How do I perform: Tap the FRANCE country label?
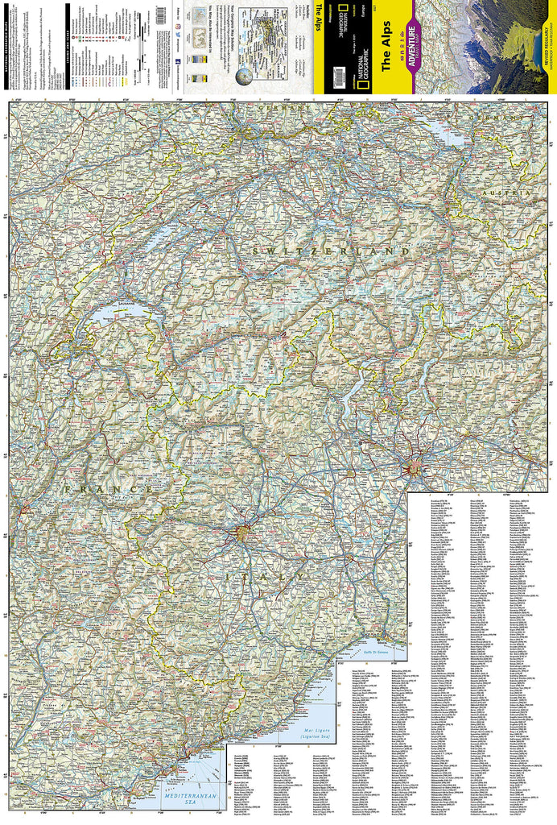point(109,489)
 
